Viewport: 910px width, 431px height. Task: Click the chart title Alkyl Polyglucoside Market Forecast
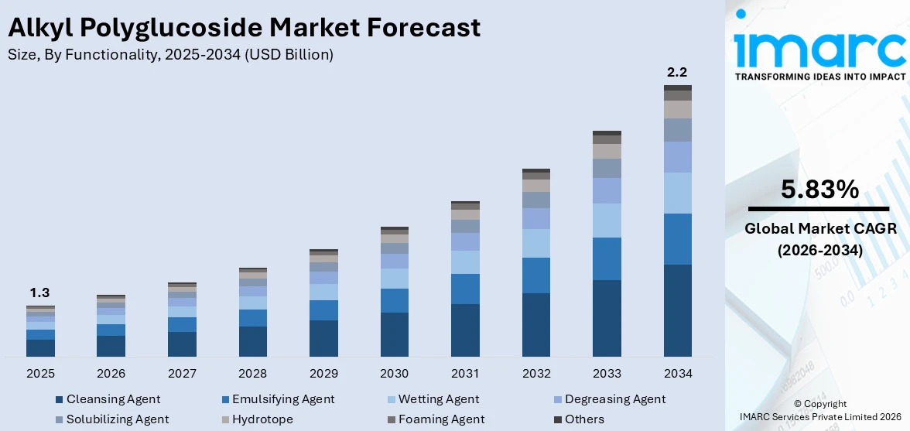[244, 28]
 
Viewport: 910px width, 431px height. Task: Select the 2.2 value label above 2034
[677, 72]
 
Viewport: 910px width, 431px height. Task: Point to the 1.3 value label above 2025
[39, 292]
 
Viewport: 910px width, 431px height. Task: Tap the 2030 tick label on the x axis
[394, 374]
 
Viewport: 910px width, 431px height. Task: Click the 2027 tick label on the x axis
[182, 374]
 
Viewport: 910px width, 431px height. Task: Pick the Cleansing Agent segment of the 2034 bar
[677, 310]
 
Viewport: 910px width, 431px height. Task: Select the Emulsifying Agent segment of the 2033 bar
[607, 258]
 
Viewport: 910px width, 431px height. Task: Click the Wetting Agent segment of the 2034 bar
[677, 193]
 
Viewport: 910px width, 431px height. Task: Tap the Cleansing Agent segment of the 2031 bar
[465, 330]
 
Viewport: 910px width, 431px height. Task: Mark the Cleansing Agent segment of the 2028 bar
[252, 341]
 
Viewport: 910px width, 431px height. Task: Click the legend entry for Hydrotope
[257, 419]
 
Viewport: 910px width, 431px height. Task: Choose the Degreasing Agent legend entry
[614, 399]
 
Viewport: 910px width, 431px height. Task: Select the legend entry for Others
[584, 419]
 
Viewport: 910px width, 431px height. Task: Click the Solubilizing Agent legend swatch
[60, 419]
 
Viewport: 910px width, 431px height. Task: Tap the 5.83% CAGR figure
[819, 190]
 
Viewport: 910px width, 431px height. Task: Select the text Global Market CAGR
[819, 228]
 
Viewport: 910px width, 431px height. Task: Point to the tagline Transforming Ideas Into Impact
[819, 77]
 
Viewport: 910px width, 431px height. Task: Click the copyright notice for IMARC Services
[819, 411]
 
